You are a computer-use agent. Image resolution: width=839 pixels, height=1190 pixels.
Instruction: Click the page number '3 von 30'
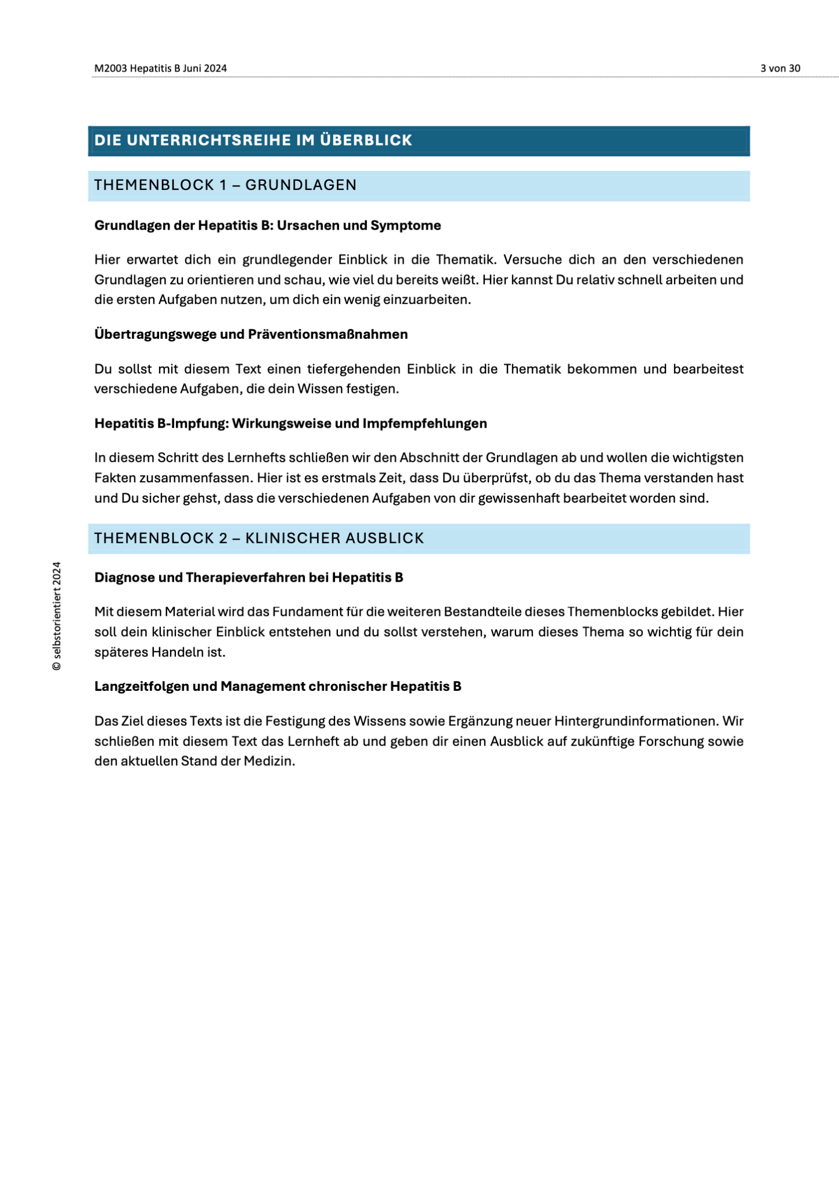coord(780,69)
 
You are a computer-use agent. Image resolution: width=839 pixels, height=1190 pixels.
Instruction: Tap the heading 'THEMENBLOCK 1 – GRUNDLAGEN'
coord(225,185)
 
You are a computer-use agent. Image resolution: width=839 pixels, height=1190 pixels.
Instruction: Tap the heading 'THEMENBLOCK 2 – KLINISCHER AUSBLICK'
coord(259,538)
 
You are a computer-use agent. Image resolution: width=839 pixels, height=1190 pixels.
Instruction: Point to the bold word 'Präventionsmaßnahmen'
coord(328,334)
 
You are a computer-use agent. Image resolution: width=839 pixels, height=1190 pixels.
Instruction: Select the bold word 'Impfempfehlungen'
coord(424,424)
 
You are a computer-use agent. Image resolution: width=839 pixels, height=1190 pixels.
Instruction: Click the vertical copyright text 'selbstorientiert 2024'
coord(56,610)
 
